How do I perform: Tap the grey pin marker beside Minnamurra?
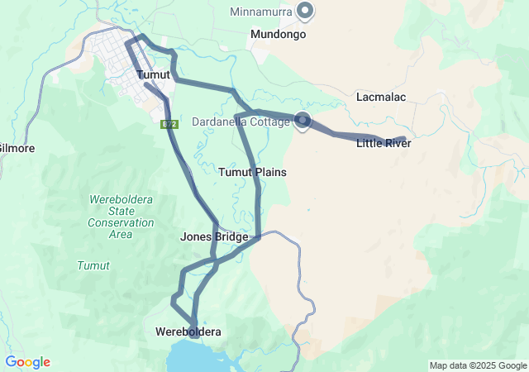point(305,11)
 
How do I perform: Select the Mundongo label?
point(279,36)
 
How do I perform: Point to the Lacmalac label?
point(381,97)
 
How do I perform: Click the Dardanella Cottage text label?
point(241,122)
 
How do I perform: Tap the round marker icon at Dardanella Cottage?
point(303,121)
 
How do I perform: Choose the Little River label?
point(384,144)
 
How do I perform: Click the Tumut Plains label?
point(252,172)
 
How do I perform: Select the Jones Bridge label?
point(214,237)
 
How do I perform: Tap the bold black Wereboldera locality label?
point(188,331)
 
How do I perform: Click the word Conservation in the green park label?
point(121,222)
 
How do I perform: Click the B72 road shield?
point(169,124)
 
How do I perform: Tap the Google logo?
point(27,362)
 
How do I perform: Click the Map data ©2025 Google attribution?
point(478,365)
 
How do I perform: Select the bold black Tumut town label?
point(153,75)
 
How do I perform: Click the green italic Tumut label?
point(93,265)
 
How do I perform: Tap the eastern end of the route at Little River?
point(403,138)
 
